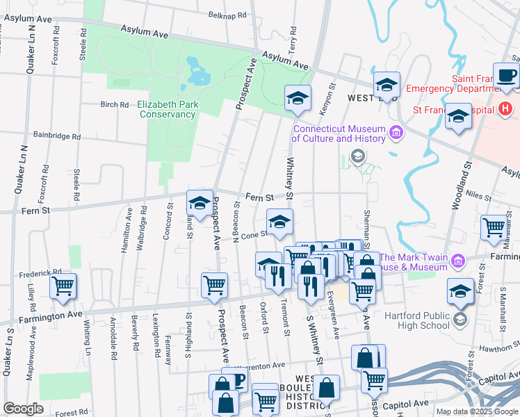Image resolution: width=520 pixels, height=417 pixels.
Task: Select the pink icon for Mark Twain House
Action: pyautogui.click(x=457, y=261)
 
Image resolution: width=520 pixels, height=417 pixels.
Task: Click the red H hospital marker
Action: pyautogui.click(x=505, y=109)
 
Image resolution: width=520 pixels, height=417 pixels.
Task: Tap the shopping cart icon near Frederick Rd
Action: pyautogui.click(x=63, y=285)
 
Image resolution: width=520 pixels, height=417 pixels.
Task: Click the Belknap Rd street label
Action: pyautogui.click(x=227, y=15)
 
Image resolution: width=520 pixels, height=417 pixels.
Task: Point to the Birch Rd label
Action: pyautogui.click(x=115, y=105)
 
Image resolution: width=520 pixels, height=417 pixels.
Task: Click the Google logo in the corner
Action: pyautogui.click(x=23, y=409)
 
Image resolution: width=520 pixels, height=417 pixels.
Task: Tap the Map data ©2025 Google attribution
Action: pyautogui.click(x=477, y=411)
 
